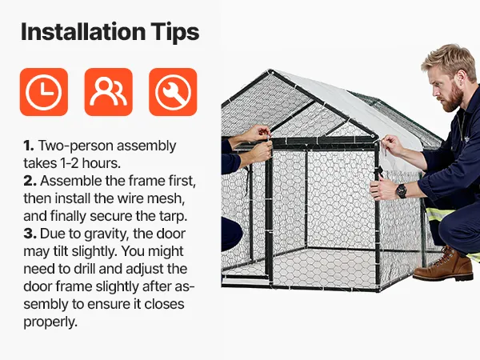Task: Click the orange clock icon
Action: click(x=44, y=92)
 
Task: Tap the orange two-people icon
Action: click(x=108, y=92)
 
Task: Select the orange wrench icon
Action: click(x=173, y=92)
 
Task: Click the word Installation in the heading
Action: click(x=83, y=32)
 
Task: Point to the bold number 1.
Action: click(x=29, y=146)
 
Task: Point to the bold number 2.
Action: click(x=30, y=181)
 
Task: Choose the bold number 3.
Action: click(x=30, y=234)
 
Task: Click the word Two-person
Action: click(x=76, y=146)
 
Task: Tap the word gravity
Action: click(x=102, y=234)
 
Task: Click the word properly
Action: click(x=50, y=322)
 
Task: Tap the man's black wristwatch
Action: click(x=401, y=191)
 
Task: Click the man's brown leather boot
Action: click(x=443, y=265)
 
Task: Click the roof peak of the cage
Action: click(x=270, y=71)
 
